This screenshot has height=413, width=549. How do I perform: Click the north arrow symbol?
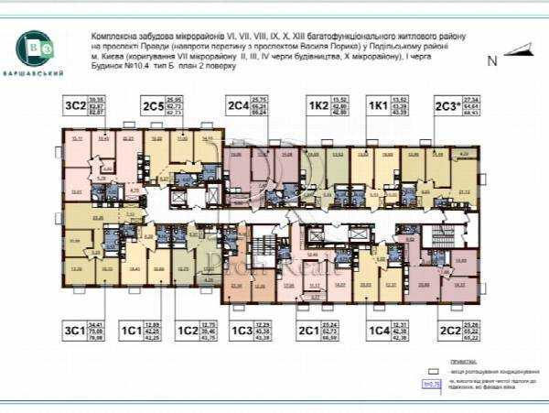tap(518, 49)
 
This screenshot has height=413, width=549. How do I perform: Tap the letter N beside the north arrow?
tap(492, 61)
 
